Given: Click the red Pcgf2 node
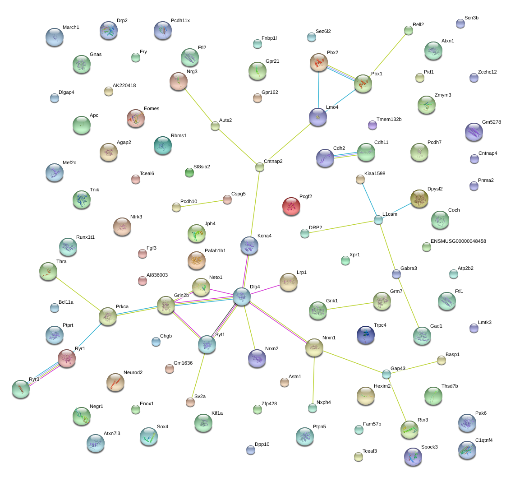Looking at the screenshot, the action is click(x=291, y=206).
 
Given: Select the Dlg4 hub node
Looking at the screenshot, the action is click(x=242, y=296).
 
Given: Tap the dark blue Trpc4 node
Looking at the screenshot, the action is click(x=366, y=335).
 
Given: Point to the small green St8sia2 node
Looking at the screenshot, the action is click(x=189, y=172).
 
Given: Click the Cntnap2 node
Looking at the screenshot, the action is click(x=260, y=167).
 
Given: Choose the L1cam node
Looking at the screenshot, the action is click(x=378, y=220).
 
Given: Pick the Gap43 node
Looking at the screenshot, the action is click(x=386, y=374).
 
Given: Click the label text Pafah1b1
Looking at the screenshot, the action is click(x=215, y=250).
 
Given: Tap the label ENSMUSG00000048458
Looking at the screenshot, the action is click(x=458, y=241).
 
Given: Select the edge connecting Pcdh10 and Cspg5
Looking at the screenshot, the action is click(x=202, y=204).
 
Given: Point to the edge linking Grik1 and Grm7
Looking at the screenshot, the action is click(x=350, y=306).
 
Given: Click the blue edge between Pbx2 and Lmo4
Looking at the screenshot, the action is click(x=318, y=90).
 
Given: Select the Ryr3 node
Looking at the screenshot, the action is click(x=21, y=389).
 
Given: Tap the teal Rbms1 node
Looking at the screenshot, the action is click(x=163, y=145).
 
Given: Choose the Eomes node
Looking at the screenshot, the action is click(x=136, y=118).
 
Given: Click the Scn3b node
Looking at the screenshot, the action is click(x=460, y=23).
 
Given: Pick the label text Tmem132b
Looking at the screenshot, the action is click(x=389, y=120).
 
